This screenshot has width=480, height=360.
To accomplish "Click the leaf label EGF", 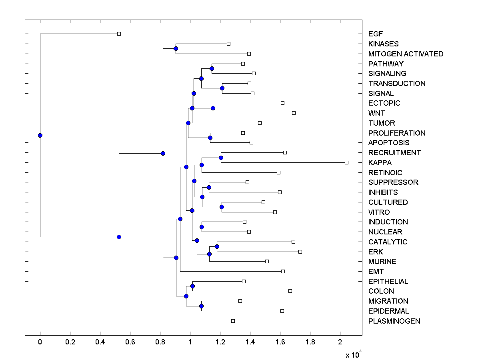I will tap(375, 34).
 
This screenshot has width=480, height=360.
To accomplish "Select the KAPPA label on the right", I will tap(380, 163).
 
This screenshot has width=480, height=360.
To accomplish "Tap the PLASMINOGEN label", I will tap(394, 321).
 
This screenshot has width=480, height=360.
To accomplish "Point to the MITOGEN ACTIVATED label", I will tap(406, 54).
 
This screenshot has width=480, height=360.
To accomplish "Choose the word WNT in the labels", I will tap(376, 113).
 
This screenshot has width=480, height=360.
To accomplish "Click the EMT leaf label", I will tap(376, 272).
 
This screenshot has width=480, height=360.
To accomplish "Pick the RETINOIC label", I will tap(385, 173).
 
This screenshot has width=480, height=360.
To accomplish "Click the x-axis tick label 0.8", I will tap(160, 342).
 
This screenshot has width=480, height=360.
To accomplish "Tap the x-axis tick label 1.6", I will tap(280, 342).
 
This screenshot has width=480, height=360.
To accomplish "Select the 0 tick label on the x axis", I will tap(40, 342).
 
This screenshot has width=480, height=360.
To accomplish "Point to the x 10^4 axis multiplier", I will tap(354, 354).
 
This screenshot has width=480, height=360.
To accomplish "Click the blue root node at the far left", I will tap(40, 135).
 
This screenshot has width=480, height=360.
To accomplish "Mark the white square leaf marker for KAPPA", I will tap(346, 162).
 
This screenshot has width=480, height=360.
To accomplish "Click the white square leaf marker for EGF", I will tap(119, 34).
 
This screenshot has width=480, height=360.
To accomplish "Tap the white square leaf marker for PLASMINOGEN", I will tap(233, 321).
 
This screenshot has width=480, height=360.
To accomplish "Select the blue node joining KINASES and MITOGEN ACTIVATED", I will tap(176, 48).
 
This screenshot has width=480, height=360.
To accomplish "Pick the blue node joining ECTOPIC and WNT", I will tap(213, 108).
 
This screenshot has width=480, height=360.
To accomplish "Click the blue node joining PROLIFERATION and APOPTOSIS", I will tap(210, 138).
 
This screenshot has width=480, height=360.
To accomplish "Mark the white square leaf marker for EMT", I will tap(283, 271).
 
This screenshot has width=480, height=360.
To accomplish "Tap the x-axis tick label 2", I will tap(340, 342).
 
